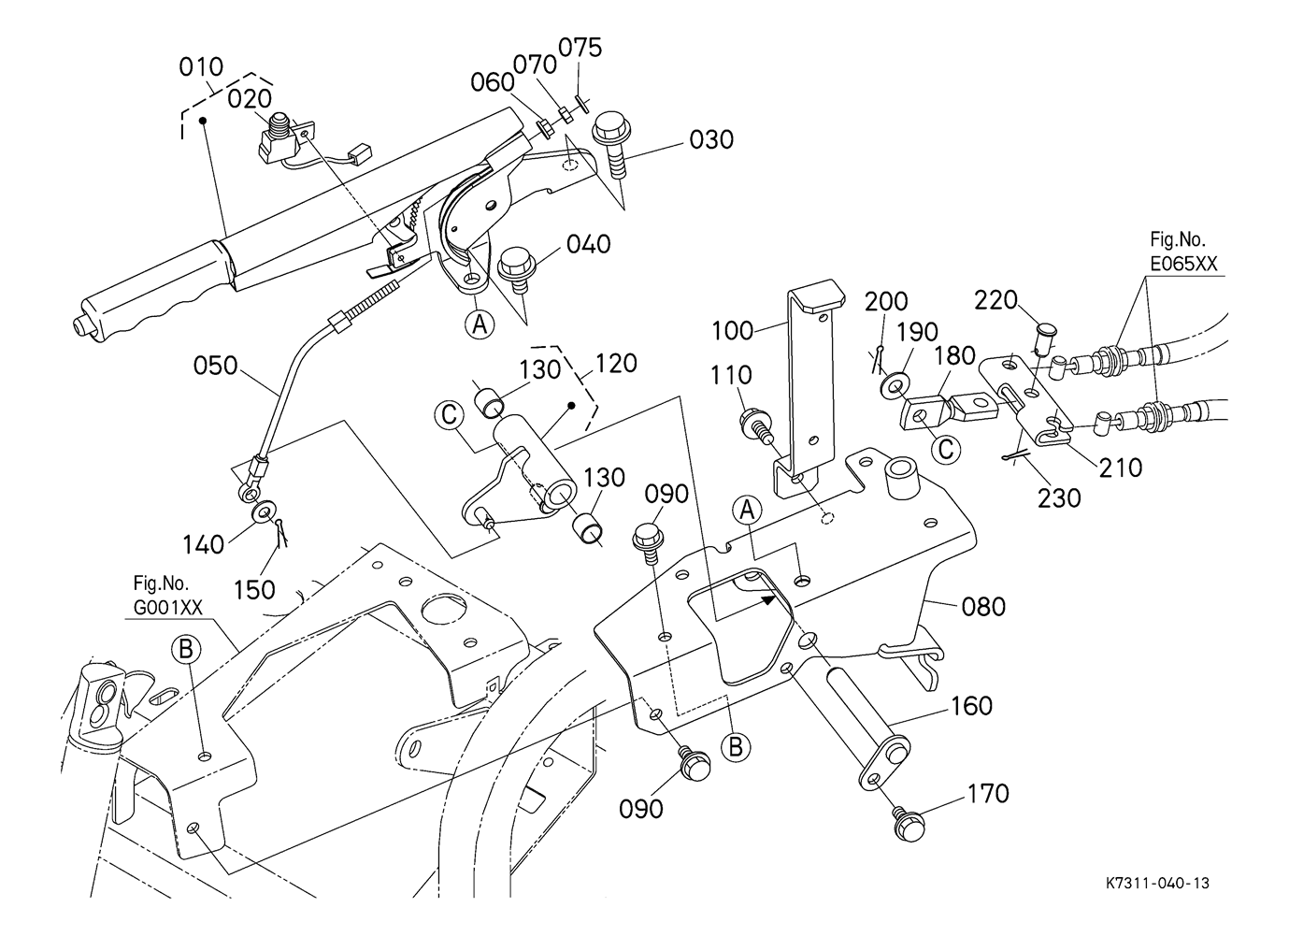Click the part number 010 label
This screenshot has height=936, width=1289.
(201, 67)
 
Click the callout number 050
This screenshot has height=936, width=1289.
(216, 367)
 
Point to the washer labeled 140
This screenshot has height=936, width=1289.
(264, 511)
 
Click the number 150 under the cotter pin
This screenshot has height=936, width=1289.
(254, 589)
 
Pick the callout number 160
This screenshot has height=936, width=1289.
(971, 706)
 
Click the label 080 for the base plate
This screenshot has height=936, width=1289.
(983, 607)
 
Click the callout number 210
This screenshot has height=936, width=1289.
(1121, 468)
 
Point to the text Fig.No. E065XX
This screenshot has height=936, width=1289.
(1183, 252)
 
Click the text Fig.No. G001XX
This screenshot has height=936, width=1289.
(167, 596)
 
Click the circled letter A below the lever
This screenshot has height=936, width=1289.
(480, 325)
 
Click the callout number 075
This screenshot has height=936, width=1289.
(580, 48)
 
